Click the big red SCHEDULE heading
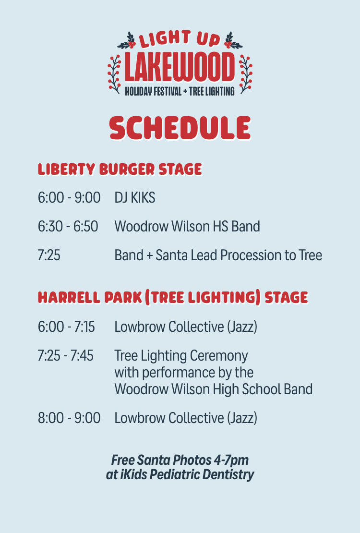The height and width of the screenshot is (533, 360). click(x=180, y=129)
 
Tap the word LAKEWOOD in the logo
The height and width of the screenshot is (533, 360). click(x=180, y=67)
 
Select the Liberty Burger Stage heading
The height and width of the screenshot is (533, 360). click(x=120, y=170)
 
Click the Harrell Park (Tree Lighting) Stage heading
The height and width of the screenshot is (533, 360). click(x=173, y=298)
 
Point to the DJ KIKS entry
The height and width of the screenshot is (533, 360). click(x=135, y=197)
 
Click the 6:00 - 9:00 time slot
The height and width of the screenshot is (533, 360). click(x=69, y=197)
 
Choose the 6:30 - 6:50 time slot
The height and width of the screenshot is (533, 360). click(x=68, y=226)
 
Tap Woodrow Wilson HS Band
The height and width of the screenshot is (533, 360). click(x=187, y=226)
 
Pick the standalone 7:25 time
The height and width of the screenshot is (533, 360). click(x=49, y=255)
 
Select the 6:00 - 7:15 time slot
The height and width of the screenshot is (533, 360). click(x=66, y=327)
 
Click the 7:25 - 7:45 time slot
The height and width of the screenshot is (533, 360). click(x=65, y=356)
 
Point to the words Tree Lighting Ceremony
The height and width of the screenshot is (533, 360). click(x=181, y=356)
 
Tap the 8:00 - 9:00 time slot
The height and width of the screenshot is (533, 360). click(x=69, y=418)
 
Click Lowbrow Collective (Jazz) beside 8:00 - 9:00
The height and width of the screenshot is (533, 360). click(x=186, y=418)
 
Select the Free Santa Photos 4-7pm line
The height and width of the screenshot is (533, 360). click(x=180, y=460)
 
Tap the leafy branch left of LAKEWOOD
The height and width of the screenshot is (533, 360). click(x=114, y=73)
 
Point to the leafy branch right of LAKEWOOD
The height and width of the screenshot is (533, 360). click(x=246, y=73)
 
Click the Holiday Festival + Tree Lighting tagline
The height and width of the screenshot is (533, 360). click(x=180, y=91)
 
